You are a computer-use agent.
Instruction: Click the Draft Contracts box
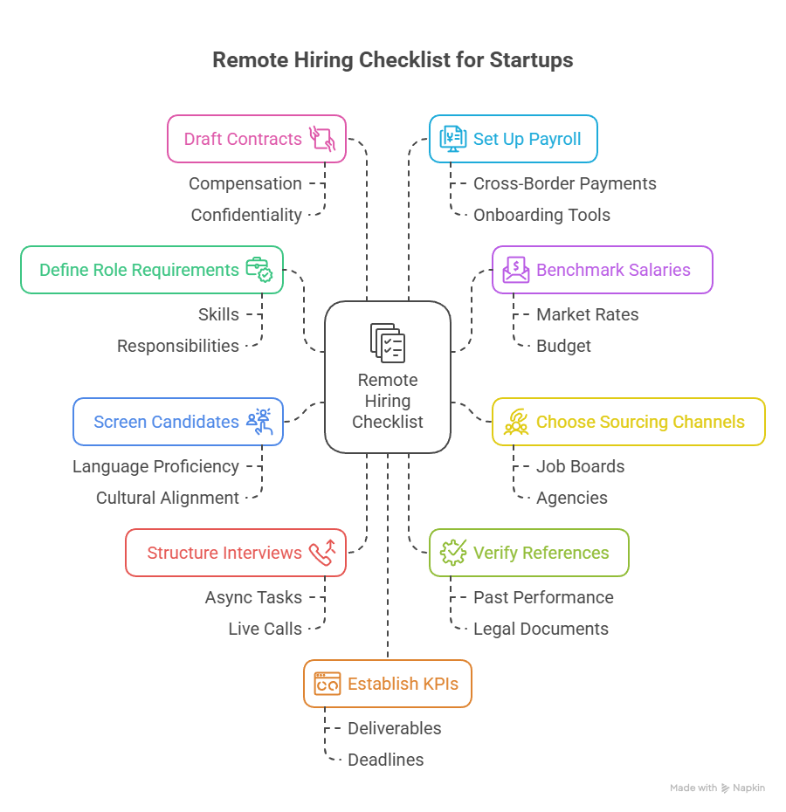[x=256, y=139]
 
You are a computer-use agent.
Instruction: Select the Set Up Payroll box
[x=513, y=139]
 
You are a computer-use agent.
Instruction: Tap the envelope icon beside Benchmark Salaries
[x=515, y=270]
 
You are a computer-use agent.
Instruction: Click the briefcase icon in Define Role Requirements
[x=259, y=270]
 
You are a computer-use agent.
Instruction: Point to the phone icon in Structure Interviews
[x=322, y=553]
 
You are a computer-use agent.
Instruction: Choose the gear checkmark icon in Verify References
[x=453, y=553]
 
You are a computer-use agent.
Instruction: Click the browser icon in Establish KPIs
[x=327, y=684]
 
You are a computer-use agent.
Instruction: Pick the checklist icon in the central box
[x=388, y=342]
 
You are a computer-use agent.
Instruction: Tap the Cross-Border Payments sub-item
[x=564, y=183]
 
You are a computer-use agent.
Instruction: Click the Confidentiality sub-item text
[x=245, y=215]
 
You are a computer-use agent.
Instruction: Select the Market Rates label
[x=587, y=314]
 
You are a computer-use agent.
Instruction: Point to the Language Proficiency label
[x=155, y=466]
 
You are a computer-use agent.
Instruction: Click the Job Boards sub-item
[x=580, y=466]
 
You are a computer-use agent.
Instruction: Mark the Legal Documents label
[x=541, y=629]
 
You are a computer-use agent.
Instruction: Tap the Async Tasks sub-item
[x=253, y=597]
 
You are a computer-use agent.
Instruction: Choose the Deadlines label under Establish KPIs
[x=385, y=760]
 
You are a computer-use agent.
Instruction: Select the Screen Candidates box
[x=177, y=422]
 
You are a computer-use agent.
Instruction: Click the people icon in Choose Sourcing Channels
[x=516, y=422]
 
